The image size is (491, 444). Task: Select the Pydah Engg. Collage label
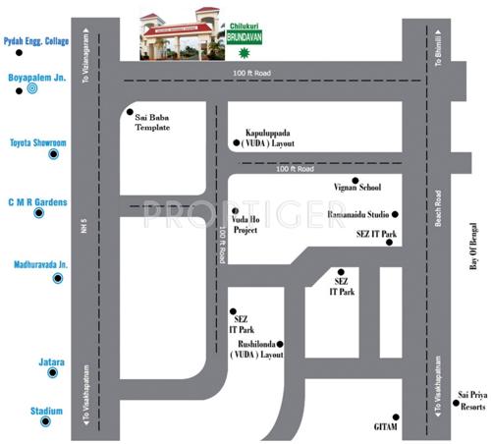click(36, 41)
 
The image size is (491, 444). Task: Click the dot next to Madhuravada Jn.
click(57, 279)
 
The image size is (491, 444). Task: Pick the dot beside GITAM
click(395, 416)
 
